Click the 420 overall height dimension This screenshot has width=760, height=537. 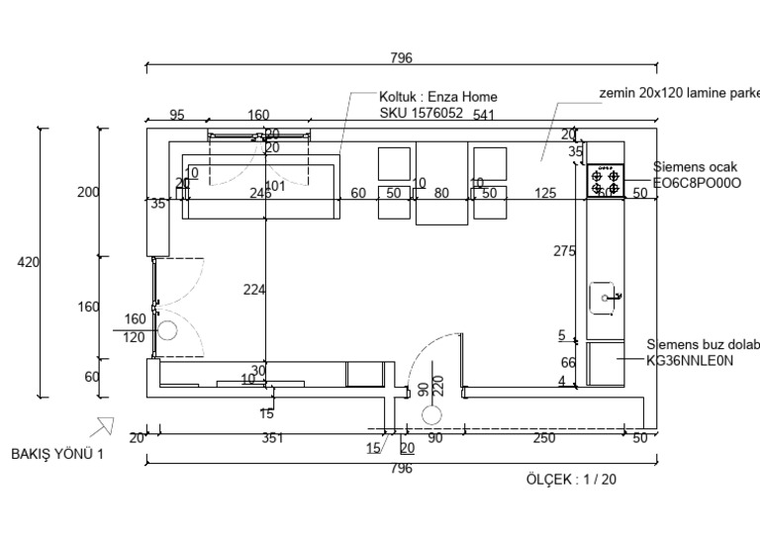[x=28, y=262]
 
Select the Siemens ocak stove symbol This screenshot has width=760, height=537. [x=605, y=180]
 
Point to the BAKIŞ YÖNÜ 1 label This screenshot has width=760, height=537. [x=56, y=454]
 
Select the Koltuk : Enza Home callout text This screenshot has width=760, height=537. [x=438, y=97]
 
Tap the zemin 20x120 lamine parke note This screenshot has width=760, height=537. [x=679, y=93]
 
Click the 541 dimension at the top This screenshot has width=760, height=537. [x=484, y=115]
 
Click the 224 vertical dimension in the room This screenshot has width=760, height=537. [x=255, y=289]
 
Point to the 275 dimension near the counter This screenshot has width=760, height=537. [x=564, y=252]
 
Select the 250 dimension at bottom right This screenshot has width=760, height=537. [x=543, y=438]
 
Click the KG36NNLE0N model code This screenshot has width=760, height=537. [x=690, y=361]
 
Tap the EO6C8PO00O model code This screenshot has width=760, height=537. [x=697, y=183]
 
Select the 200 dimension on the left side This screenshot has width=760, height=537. [x=88, y=192]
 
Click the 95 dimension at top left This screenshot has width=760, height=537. [x=177, y=115]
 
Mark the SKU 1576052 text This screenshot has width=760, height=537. [x=422, y=113]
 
